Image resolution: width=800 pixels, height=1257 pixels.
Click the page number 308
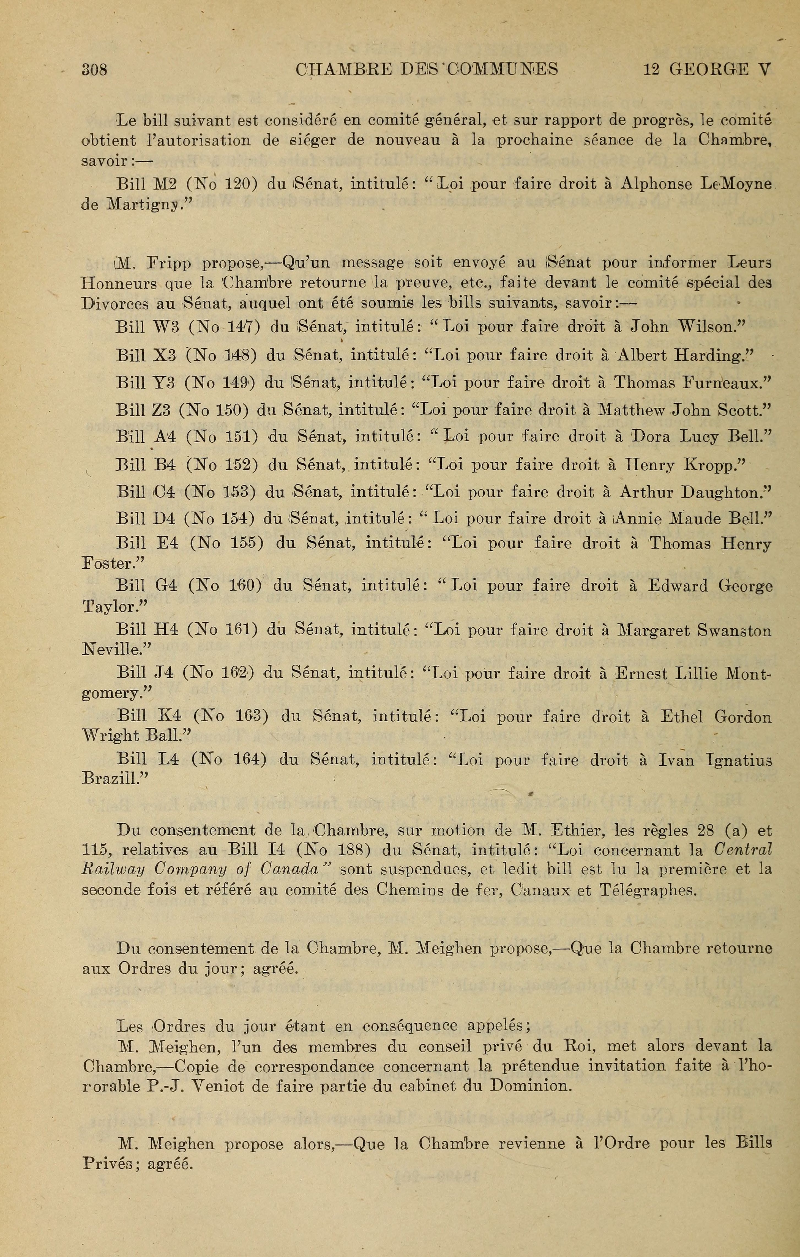pos(94,69)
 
